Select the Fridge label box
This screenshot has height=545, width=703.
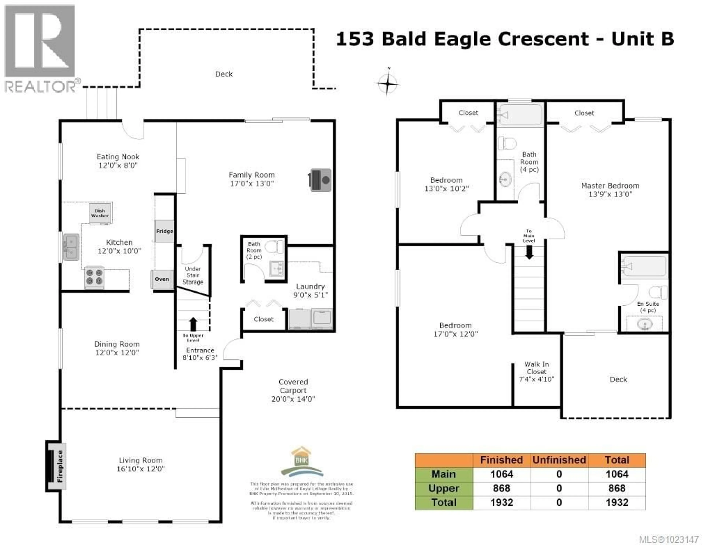[x=164, y=231]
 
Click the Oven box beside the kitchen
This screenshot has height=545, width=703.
[x=162, y=279]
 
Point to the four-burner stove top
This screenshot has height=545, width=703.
[x=94, y=277]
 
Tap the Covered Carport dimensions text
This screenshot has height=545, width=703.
[x=293, y=399]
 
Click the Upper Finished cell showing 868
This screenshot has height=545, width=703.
[x=501, y=488]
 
